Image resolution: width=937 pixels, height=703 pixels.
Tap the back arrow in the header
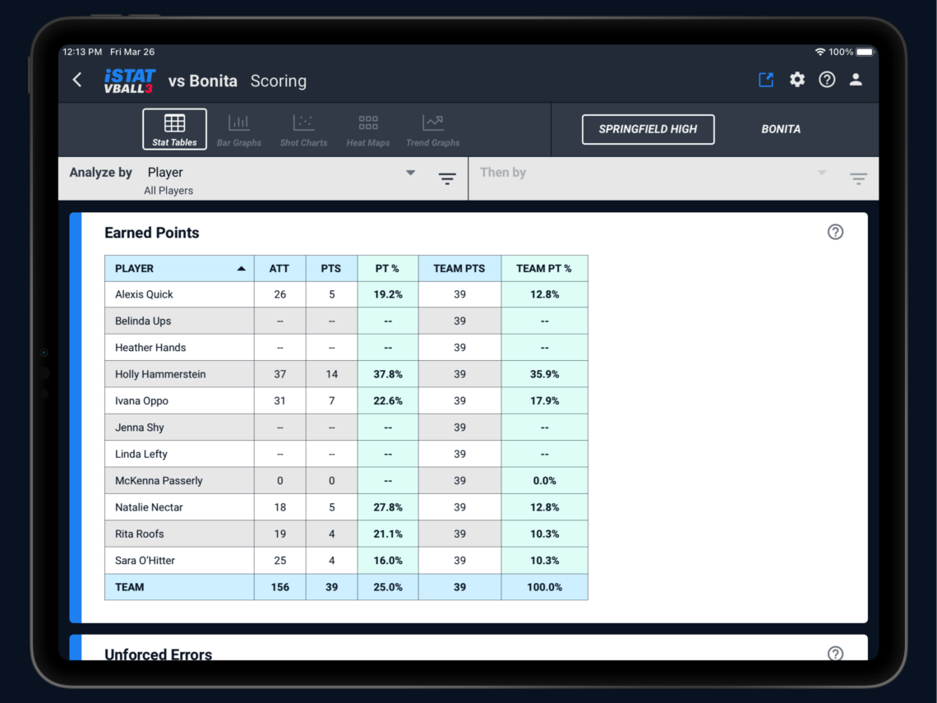coord(77,80)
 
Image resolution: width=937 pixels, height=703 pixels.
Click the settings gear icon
coord(797,80)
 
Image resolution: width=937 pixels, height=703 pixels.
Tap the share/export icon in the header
coord(766,80)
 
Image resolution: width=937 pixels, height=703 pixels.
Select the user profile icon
coord(856,80)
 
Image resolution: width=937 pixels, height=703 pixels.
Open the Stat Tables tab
coord(174,130)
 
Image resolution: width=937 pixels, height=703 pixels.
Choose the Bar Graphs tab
coord(239,130)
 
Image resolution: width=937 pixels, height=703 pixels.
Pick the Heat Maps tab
coord(368,130)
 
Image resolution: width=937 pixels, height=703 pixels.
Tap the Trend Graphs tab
coord(433,130)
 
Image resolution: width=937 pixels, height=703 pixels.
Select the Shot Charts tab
coord(303,130)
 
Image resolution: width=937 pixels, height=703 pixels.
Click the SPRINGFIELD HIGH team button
coord(648,129)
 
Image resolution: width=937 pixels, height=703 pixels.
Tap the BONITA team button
coord(781,129)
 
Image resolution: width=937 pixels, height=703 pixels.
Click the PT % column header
coord(388,268)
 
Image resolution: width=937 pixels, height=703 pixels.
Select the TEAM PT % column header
coord(544,268)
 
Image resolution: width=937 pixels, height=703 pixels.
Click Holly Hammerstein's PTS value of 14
coord(332,374)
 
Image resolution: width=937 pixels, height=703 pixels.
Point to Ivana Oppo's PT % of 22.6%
coord(388,401)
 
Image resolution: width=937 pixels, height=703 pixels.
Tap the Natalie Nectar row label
coord(150,507)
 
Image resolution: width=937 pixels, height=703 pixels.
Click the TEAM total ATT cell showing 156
coord(280,587)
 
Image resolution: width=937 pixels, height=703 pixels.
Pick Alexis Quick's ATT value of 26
coord(280,294)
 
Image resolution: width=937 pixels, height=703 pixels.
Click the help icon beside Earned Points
coord(835,232)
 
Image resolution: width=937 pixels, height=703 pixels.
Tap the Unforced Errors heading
coord(159,654)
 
